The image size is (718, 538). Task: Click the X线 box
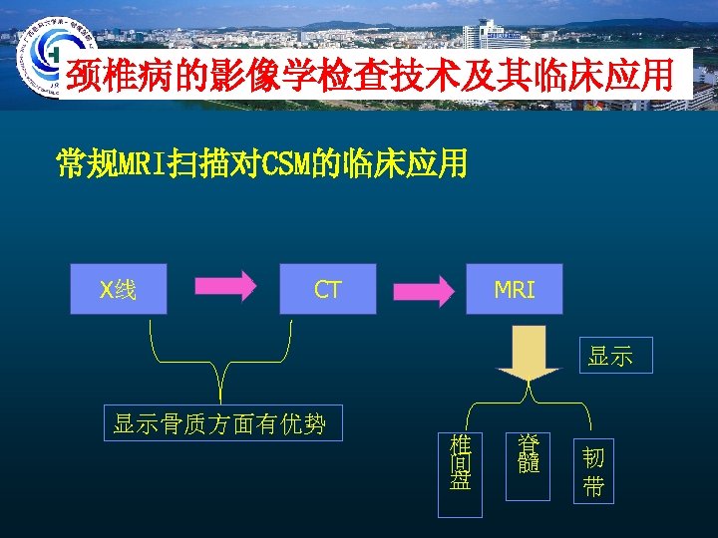click(x=119, y=289)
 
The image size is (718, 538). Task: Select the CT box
click(x=328, y=289)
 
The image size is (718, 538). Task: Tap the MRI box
click(x=515, y=289)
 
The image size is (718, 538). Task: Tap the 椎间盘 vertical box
click(x=460, y=474)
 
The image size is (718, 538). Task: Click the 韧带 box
click(x=592, y=471)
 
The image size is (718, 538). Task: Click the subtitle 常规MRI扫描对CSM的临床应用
click(x=261, y=163)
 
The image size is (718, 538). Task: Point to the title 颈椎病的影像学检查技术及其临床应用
click(x=369, y=76)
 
